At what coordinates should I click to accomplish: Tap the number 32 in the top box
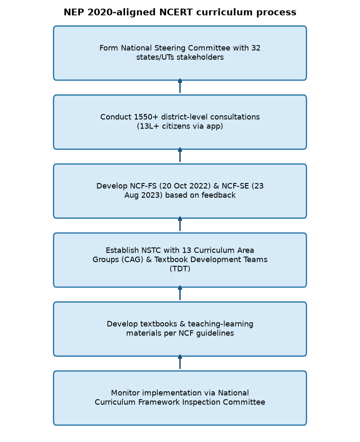256,48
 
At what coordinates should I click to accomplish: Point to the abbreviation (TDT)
180,269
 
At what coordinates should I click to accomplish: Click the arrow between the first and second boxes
180,86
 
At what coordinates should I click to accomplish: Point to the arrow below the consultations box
180,155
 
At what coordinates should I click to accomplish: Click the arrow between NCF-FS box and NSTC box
180,224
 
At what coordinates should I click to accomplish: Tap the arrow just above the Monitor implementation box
180,362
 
